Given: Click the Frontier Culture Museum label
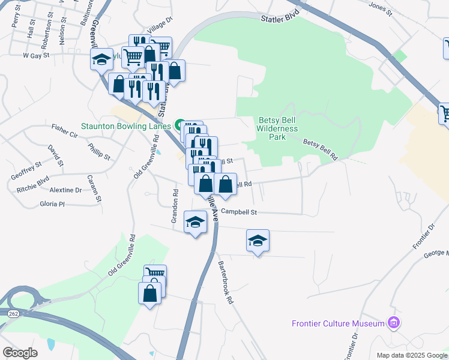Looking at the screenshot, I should (338, 323).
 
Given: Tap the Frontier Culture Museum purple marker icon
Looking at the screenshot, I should (394, 323).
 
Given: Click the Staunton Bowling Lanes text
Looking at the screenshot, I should (126, 126).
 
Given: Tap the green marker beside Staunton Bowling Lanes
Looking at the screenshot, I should (179, 125).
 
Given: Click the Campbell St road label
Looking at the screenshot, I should (238, 212).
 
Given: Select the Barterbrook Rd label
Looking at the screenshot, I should (225, 282).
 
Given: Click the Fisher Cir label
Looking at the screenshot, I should (65, 128).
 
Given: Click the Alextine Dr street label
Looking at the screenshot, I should (65, 190).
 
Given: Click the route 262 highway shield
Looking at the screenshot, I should (13, 313).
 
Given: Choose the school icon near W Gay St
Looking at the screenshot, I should (101, 59).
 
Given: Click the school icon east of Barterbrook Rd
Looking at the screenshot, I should (258, 241).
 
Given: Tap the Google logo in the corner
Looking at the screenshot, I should (20, 352).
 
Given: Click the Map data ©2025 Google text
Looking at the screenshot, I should (412, 355).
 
